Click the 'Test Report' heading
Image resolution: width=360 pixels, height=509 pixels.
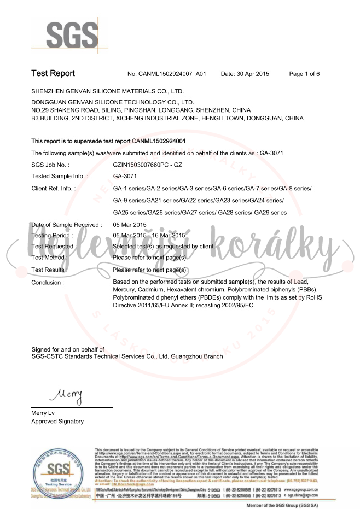pyautogui.click(x=53, y=73)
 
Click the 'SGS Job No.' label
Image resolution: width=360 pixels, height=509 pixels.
pyautogui.click(x=50, y=164)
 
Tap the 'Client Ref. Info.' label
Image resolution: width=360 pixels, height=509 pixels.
pyautogui.click(x=54, y=189)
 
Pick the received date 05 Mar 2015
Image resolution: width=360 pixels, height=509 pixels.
pyautogui.click(x=130, y=225)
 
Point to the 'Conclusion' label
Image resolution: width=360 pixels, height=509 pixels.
pyautogui.click(x=48, y=283)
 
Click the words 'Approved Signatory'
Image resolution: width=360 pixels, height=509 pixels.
pyautogui.click(x=57, y=422)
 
